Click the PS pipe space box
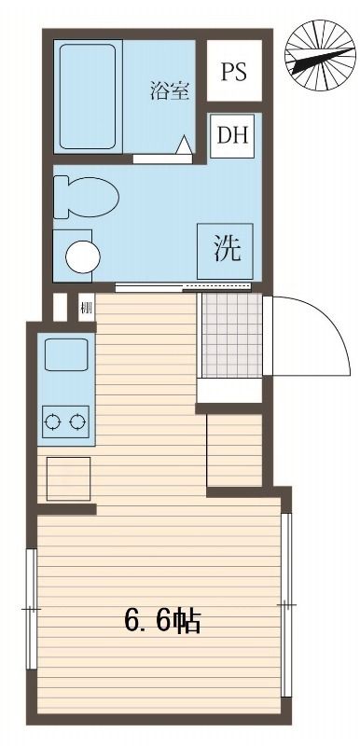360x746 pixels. click(234, 72)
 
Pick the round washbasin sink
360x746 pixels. click(84, 255)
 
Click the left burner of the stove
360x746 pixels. click(53, 422)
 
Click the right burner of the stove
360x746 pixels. click(77, 422)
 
